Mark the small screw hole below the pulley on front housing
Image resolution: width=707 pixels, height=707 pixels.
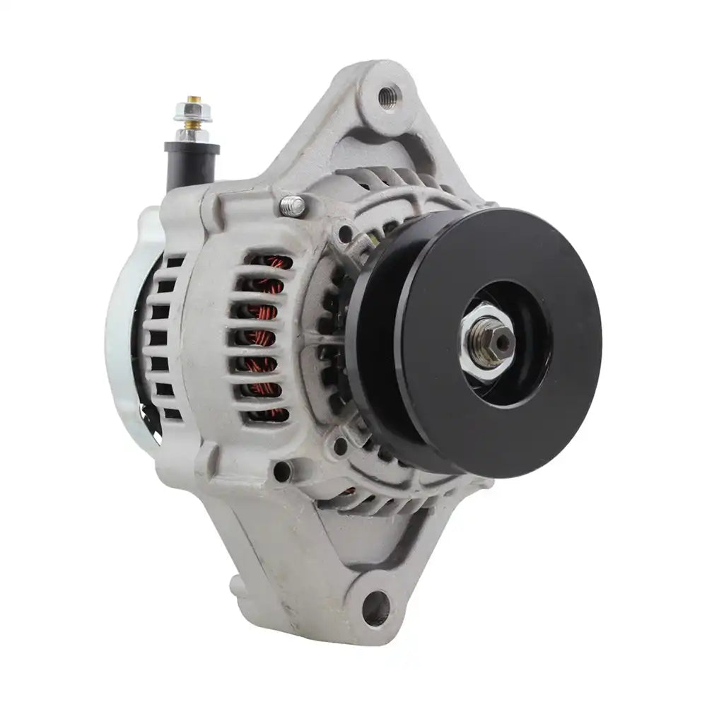click(x=341, y=445)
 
